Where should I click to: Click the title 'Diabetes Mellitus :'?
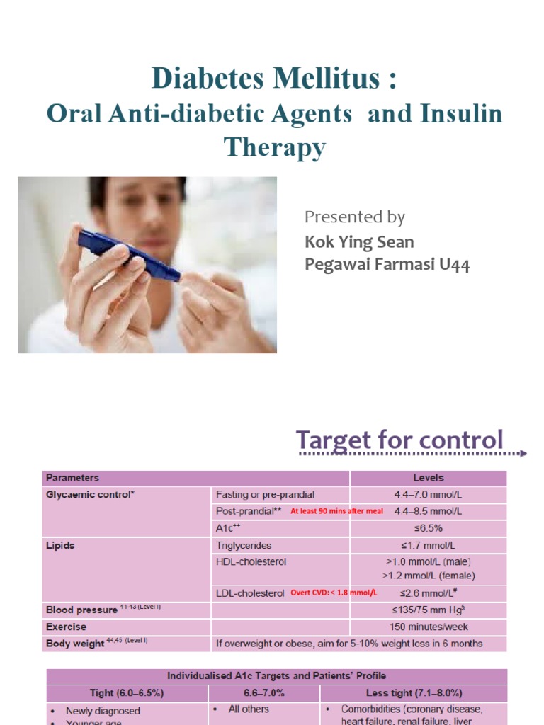coord(273,79)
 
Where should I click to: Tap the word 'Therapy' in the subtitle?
coord(275,147)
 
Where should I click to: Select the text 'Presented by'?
coord(354,217)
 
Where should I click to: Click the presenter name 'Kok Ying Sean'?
coord(359,241)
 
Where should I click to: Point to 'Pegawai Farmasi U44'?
coord(387,265)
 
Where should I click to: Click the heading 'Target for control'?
coord(399,440)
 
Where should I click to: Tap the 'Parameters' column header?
coord(72,478)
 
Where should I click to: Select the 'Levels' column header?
coord(429,478)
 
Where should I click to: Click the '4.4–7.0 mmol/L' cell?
coord(429,494)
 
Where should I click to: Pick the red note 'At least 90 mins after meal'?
coord(337,511)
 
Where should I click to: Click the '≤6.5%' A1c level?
coord(429,528)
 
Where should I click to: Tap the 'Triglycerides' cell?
coord(244,546)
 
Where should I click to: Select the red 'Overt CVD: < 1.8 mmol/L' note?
coord(334,593)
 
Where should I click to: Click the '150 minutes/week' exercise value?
coord(429,627)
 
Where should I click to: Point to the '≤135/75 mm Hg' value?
coord(429,610)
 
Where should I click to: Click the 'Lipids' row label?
coord(60,546)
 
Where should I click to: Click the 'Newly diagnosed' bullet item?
coord(103,710)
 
